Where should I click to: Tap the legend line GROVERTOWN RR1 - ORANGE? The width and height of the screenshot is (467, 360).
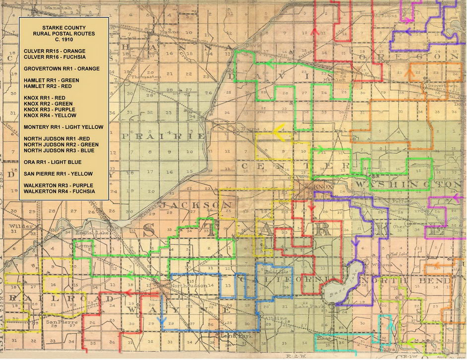coord(62,68)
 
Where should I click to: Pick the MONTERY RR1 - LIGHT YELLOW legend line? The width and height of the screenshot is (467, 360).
coord(63,127)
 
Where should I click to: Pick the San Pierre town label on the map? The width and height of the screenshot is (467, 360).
coord(56,321)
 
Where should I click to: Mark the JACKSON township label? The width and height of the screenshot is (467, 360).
coord(196,205)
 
